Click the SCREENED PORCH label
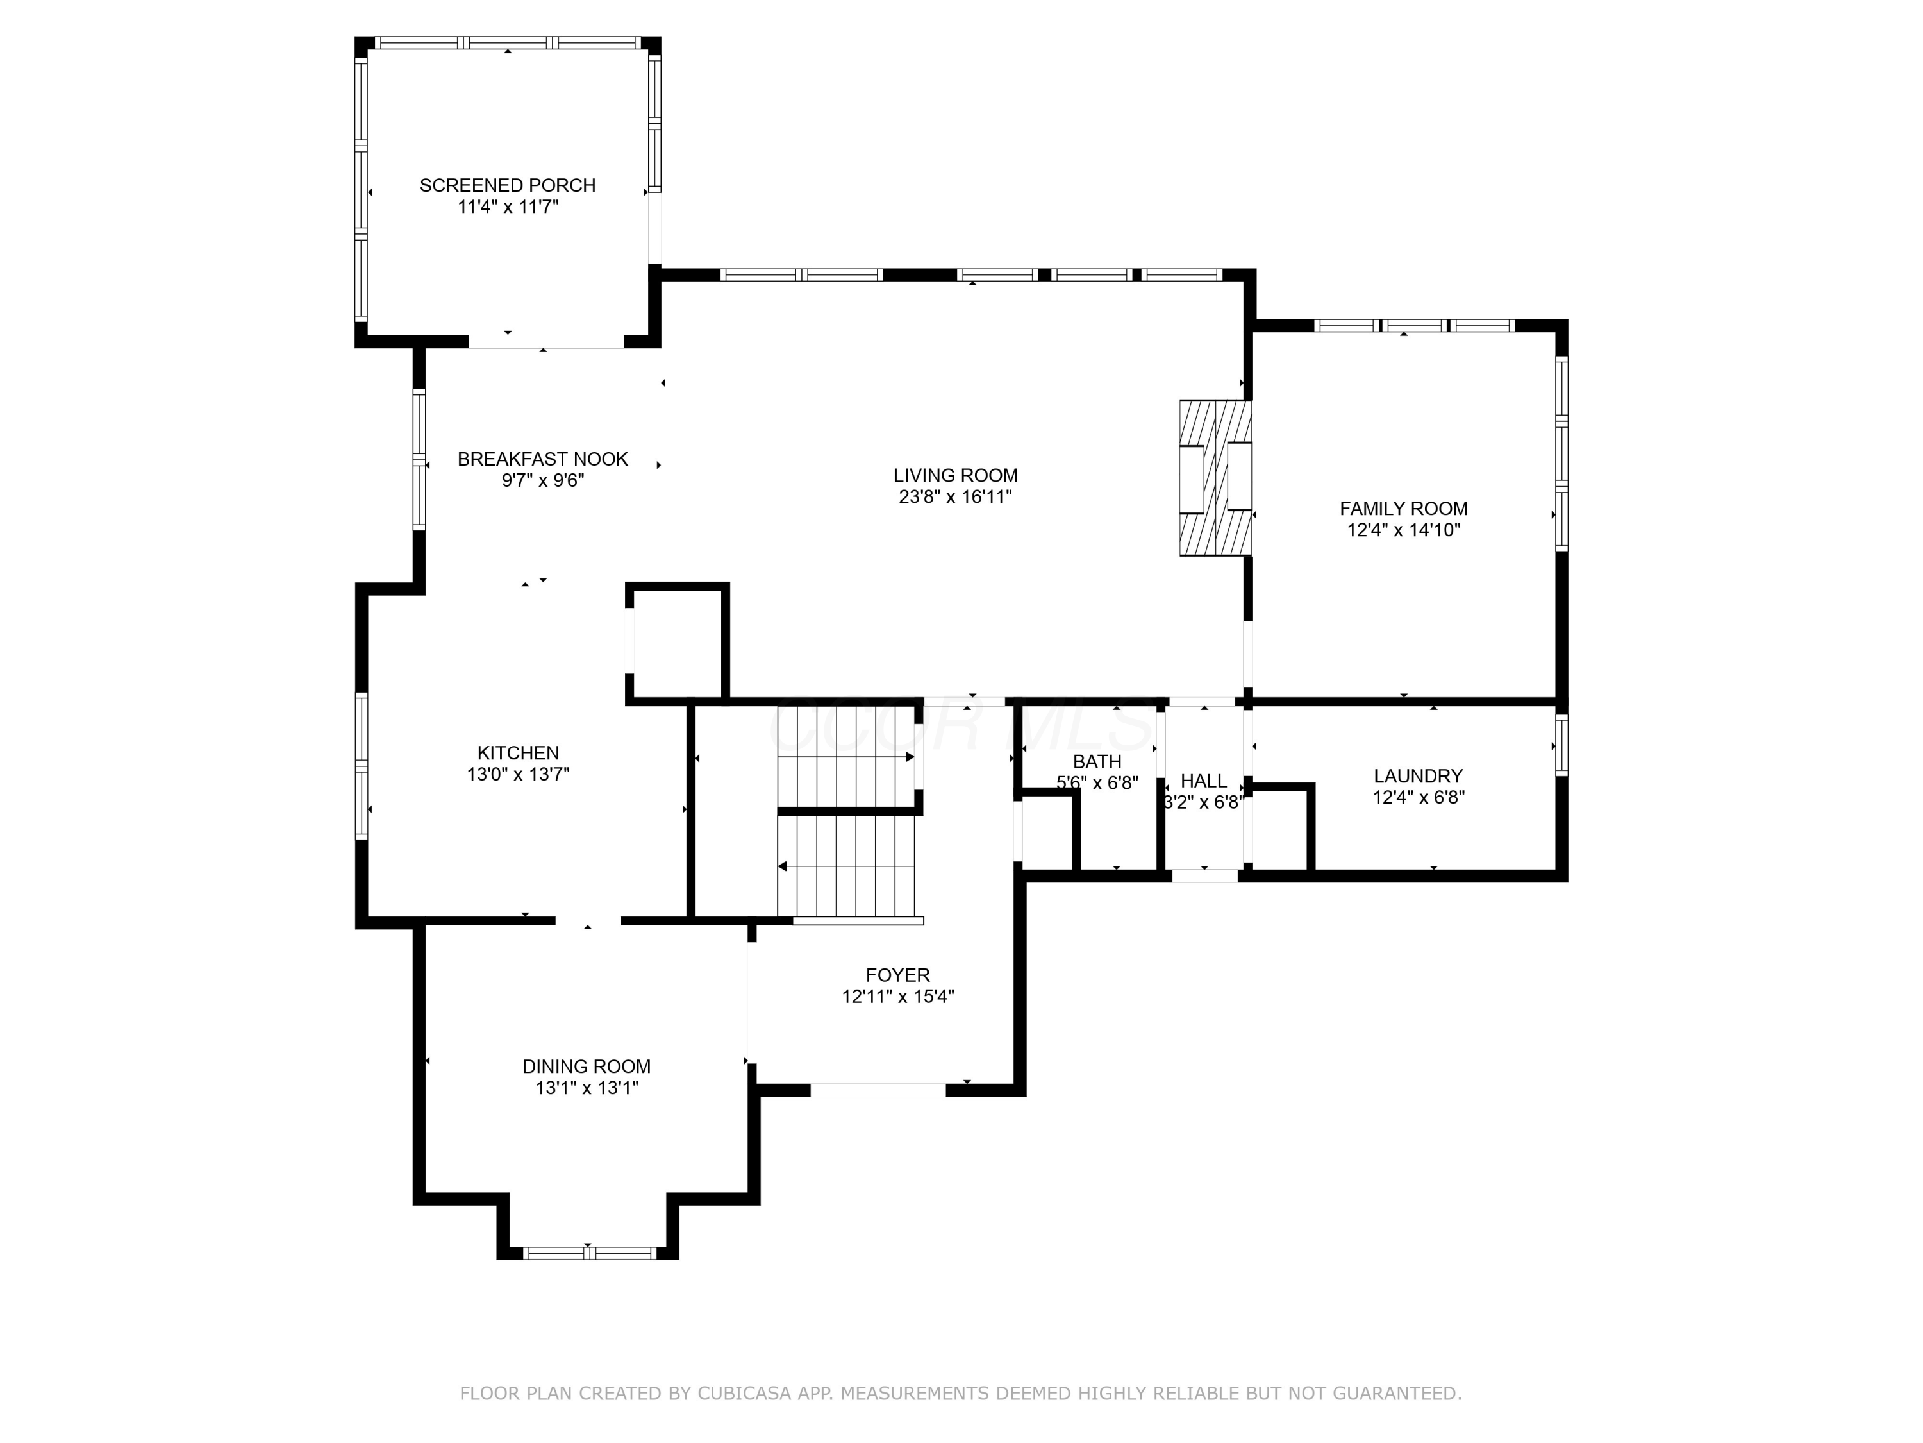click(508, 185)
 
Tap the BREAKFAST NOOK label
click(542, 459)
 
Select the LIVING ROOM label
click(956, 476)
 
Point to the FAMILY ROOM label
click(1403, 509)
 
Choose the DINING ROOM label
click(587, 1067)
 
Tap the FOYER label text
click(898, 975)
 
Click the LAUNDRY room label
click(1418, 776)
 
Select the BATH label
click(1097, 762)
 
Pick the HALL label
click(1204, 781)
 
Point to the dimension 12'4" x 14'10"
click(1403, 530)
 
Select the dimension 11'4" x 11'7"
click(508, 207)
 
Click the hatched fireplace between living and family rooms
click(1215, 478)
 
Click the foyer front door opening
click(878, 1090)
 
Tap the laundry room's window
click(1561, 745)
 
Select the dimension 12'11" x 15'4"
click(898, 997)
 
